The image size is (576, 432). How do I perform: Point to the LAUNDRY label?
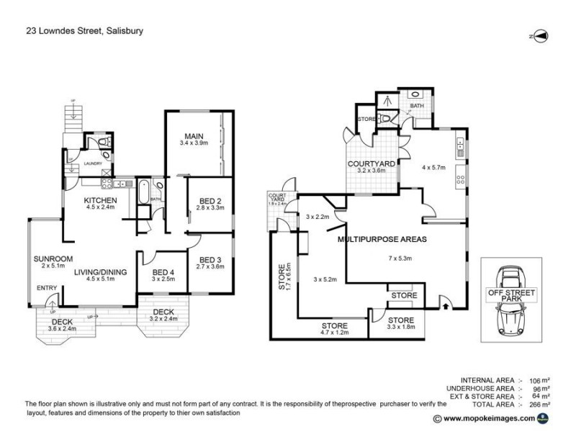point(94,163)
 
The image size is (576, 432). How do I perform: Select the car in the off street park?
point(512,297)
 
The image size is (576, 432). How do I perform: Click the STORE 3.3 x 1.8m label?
point(401,323)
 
